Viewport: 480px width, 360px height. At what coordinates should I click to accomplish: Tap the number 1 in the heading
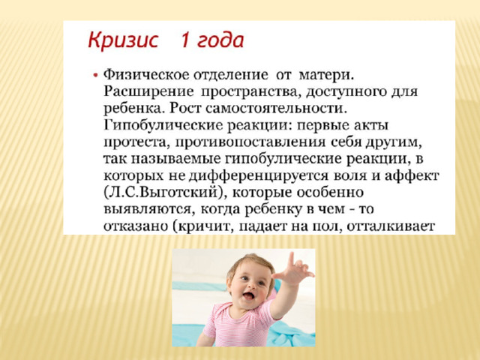coord(184,40)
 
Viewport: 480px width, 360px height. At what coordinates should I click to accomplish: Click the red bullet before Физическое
coord(96,75)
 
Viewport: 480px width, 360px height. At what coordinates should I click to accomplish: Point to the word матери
coord(326,75)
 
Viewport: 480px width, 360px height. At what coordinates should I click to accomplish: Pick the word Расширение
coord(148,92)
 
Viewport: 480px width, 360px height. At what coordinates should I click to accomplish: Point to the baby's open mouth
coord(248,296)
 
